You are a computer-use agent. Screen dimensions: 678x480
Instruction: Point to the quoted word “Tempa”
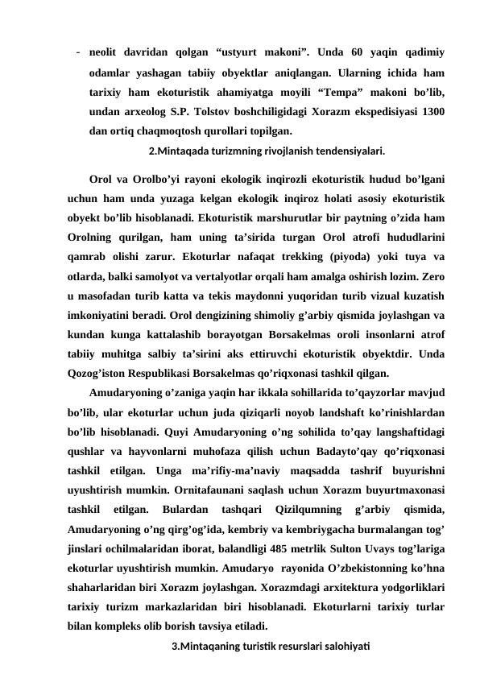pyautogui.click(x=344, y=91)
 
